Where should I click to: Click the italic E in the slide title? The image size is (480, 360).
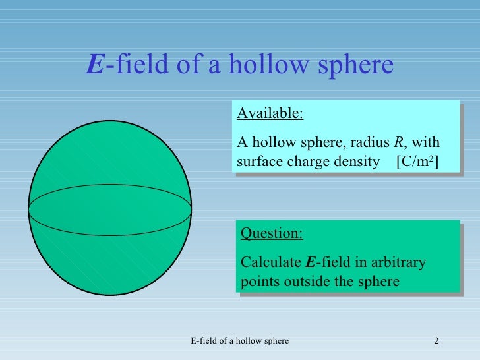[95, 65]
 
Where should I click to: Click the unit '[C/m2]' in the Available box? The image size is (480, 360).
[417, 162]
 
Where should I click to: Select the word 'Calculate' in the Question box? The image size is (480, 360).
[271, 263]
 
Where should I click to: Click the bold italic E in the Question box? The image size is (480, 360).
[311, 263]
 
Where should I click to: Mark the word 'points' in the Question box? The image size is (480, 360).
[260, 282]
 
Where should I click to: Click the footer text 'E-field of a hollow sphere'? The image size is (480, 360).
[239, 340]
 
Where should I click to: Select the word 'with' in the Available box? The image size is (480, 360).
[427, 143]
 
